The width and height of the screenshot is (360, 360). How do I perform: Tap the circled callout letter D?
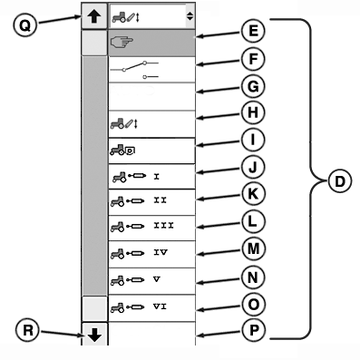click(338, 181)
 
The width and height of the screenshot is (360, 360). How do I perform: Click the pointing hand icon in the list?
click(122, 42)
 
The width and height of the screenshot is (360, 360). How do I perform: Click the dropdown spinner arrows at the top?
click(189, 15)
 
